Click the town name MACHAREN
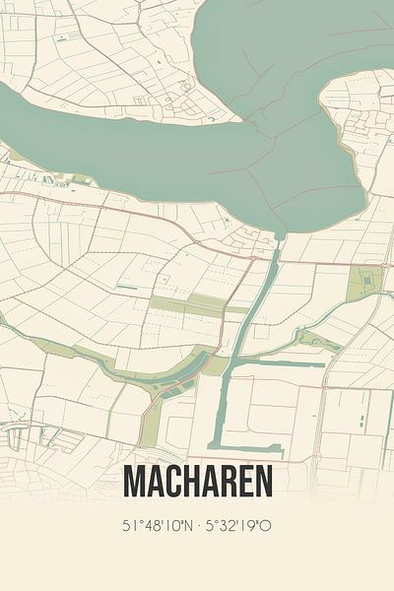pos(198,482)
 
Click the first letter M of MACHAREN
pos(135,482)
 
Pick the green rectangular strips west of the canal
pos(197,304)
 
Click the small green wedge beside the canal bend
pos(216,366)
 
